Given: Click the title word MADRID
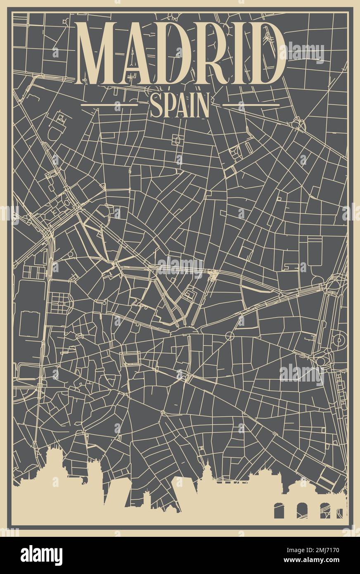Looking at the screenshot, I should click(180, 53).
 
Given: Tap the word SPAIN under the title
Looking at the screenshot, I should click(180, 106).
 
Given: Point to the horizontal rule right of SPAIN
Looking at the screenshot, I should click(251, 105).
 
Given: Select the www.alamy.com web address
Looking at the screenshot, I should click(314, 561).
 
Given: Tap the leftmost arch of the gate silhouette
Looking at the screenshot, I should click(279, 510).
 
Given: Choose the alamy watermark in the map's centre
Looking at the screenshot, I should click(180, 267).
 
